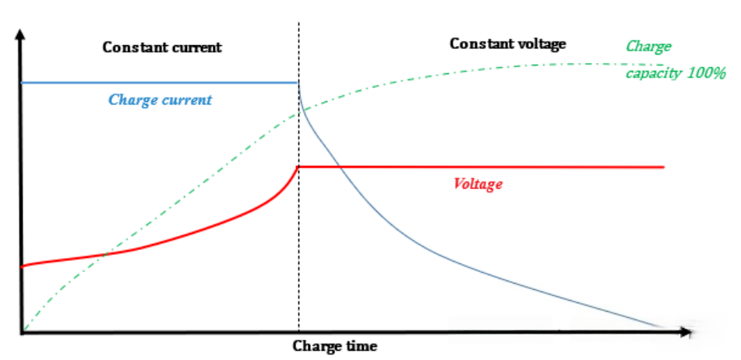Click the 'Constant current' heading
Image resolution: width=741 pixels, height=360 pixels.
coord(162,47)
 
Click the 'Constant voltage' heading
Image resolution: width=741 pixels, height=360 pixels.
coord(507,44)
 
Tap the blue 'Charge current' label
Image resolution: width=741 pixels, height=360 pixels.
coord(160,101)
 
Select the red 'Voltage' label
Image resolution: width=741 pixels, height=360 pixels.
coord(477,185)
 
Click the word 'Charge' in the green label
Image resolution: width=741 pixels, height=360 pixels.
coord(649,47)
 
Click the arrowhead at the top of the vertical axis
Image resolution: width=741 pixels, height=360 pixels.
coord(22,35)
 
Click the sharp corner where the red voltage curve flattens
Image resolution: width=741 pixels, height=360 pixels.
coord(298,167)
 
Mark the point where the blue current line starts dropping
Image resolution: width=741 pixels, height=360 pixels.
coord(298,83)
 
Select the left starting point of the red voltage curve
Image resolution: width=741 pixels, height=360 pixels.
coord(23,266)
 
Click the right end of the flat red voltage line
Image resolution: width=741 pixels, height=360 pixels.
coord(663,167)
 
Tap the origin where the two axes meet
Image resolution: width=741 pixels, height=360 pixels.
coord(23,333)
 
